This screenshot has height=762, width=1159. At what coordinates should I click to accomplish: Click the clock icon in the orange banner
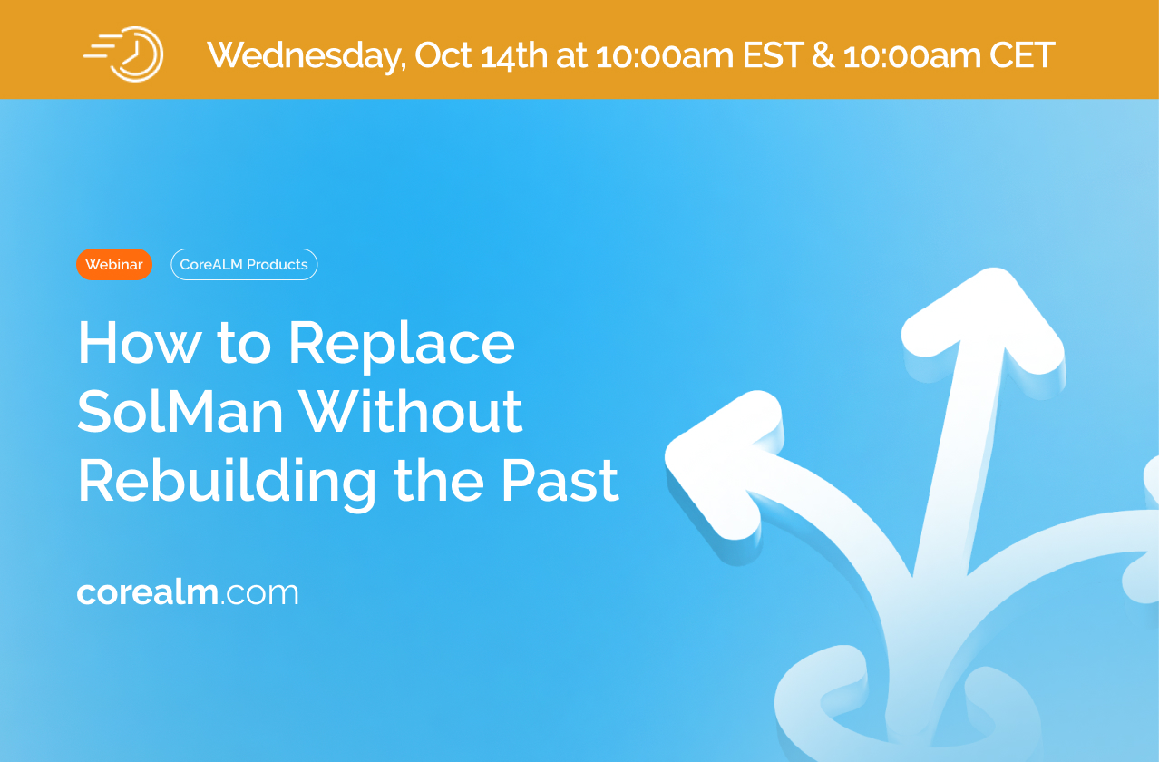[124, 54]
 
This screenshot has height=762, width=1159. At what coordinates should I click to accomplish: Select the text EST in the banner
[773, 54]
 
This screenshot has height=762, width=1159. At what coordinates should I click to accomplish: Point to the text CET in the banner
[1022, 54]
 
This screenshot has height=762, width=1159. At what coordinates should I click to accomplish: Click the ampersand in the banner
[823, 54]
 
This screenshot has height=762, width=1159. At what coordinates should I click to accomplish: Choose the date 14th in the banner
[514, 54]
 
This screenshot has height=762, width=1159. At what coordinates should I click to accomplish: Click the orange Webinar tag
[114, 265]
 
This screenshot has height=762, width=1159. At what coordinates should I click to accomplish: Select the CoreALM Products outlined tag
[244, 265]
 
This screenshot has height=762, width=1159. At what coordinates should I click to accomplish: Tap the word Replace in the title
[402, 345]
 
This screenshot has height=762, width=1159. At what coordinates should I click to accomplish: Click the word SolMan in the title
[180, 412]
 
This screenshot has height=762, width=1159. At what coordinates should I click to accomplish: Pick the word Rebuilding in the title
[227, 483]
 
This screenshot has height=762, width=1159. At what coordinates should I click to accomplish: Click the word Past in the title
[560, 482]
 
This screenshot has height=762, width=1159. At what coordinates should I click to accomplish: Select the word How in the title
[139, 343]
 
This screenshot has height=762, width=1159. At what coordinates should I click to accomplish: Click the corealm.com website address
[188, 592]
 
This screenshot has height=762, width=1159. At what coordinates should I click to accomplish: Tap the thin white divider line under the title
[188, 542]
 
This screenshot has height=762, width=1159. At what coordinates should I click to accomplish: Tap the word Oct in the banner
[443, 54]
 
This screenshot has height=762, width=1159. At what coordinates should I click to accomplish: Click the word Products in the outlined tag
[278, 265]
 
